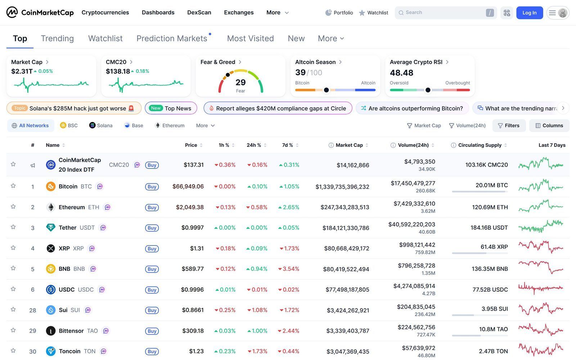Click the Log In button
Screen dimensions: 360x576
[529, 13]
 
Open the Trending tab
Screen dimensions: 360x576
[57, 39]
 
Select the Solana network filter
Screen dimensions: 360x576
[101, 125]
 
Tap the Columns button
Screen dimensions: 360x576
[549, 125]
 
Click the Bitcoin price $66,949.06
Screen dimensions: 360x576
[188, 186]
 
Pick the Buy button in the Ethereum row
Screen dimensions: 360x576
[152, 207]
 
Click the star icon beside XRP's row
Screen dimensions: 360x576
[13, 248]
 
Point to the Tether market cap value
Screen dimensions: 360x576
[346, 228]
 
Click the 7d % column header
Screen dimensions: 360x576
[288, 145]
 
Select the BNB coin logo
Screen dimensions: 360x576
[51, 269]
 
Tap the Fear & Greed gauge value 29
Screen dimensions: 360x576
[240, 82]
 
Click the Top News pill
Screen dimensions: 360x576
[171, 108]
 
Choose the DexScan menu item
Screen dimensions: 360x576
[199, 13]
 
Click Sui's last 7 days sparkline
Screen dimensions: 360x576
[541, 309]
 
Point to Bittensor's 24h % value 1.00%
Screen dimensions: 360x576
[257, 331]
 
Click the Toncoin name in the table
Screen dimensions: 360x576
[70, 351]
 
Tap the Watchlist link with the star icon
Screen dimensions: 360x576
[373, 13]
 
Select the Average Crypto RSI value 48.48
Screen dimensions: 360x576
[401, 73]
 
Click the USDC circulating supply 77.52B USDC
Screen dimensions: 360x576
[490, 290]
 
